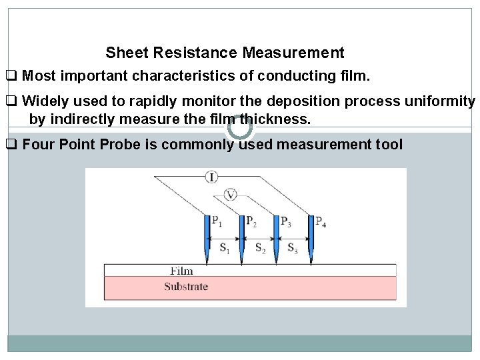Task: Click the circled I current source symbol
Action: [211, 177]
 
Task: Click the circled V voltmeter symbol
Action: [231, 195]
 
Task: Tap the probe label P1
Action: [217, 221]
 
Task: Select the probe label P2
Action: [251, 221]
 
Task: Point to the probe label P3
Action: [285, 221]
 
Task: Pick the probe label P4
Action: [321, 221]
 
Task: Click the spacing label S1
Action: [225, 248]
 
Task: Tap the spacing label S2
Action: [261, 248]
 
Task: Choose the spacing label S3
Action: [293, 248]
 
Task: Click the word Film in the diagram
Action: [181, 271]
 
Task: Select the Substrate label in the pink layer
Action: [186, 287]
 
